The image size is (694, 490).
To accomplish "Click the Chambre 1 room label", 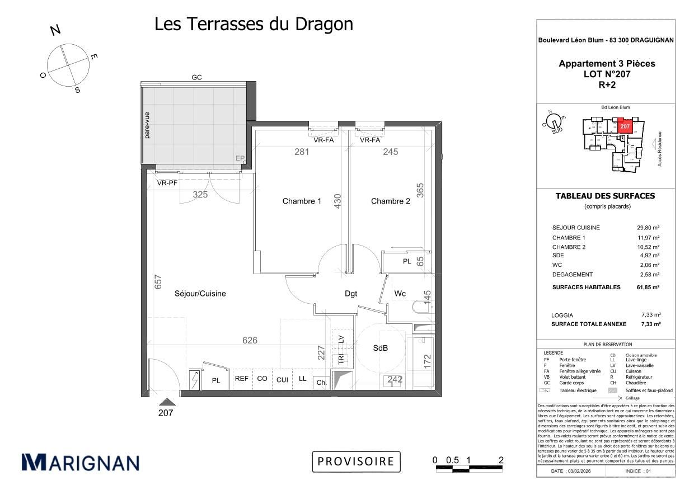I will [x=302, y=201].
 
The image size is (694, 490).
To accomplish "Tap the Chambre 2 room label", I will [x=390, y=201].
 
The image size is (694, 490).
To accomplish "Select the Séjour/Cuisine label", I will [x=200, y=294].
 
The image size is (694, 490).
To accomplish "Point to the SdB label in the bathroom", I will [x=381, y=348].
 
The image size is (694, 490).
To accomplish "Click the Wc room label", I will [x=400, y=294].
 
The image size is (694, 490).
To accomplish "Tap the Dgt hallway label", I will [x=351, y=294].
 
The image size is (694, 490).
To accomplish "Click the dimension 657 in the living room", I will [x=158, y=281].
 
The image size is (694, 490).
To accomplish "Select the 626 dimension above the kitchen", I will [x=250, y=340].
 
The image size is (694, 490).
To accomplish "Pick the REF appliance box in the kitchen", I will [x=242, y=379].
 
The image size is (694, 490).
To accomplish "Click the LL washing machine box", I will [x=302, y=379].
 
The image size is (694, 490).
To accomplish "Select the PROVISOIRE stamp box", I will [x=356, y=461].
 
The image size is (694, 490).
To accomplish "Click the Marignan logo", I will [x=80, y=463].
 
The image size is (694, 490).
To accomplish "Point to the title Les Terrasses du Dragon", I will [x=254, y=24].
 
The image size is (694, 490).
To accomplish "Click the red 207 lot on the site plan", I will [x=625, y=126].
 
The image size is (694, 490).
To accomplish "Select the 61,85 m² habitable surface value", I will [x=649, y=287].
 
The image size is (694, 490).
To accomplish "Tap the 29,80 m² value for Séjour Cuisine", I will [x=649, y=228].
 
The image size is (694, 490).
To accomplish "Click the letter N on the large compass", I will [x=55, y=30].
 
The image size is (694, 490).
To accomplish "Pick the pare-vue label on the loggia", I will [x=147, y=125].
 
